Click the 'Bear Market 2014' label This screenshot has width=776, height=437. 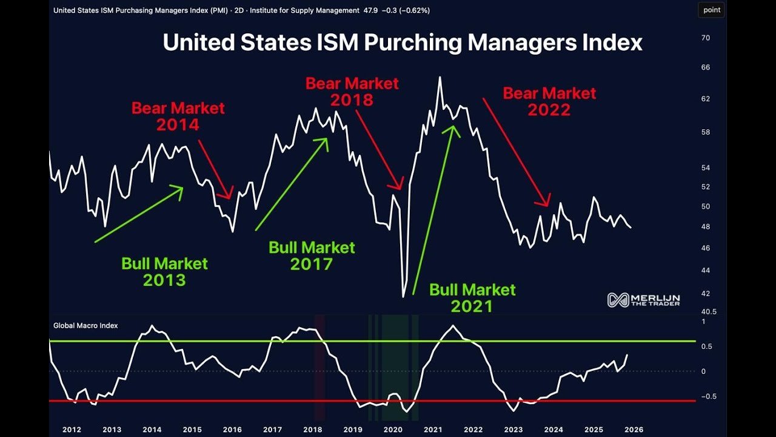coord(178,116)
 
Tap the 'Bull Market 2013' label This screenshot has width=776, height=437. coord(164,271)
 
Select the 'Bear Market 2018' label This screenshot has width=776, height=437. coord(352,91)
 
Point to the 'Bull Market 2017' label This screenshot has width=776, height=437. coord(312,256)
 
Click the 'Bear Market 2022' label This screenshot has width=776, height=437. coord(549,101)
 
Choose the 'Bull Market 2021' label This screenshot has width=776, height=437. coord(472,297)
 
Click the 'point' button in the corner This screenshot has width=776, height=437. coord(712,10)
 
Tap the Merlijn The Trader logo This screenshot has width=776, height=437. coord(644,300)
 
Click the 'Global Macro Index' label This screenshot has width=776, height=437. coord(85,326)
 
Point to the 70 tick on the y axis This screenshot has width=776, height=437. coord(705,38)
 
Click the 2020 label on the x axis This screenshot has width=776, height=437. coord(393,430)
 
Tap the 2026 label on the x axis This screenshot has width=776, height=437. coord(634,430)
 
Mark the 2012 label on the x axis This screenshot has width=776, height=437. coord(72,430)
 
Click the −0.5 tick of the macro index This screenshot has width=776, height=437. coord(706,396)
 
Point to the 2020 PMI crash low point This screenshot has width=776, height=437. coord(404,297)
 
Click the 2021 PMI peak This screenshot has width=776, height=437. coord(440,77)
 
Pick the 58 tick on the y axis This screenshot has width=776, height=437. coord(705,132)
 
